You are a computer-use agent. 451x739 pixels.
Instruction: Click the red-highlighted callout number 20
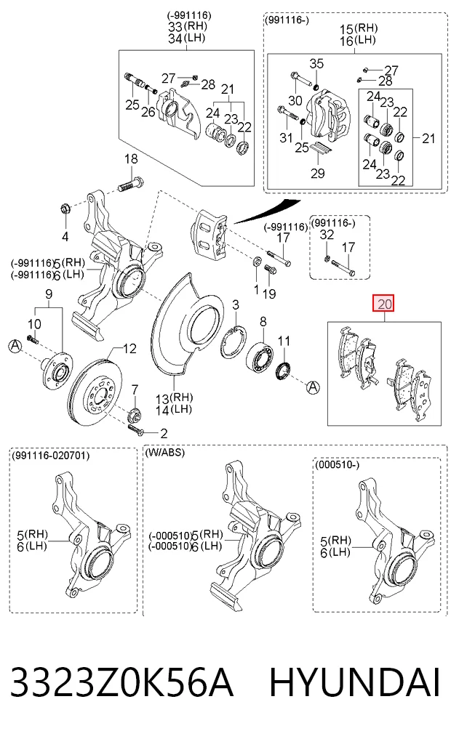tap(385, 304)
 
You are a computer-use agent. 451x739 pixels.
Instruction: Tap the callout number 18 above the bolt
tap(131, 159)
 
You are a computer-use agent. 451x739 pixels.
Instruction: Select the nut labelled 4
tap(65, 208)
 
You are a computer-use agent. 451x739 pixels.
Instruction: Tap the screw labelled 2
tap(136, 429)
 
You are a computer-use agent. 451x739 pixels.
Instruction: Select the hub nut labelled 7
tap(134, 414)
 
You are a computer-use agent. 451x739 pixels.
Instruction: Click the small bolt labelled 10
tap(33, 339)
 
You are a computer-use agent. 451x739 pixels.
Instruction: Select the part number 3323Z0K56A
tap(121, 682)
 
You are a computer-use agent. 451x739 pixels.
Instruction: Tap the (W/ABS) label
tap(164, 453)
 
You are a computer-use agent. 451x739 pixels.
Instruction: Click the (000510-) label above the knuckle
tap(337, 465)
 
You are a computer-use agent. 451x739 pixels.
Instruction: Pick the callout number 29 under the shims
tap(317, 173)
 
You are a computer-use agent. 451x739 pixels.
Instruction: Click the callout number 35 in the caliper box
tap(316, 63)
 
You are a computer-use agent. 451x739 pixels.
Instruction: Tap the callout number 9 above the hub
tap(49, 295)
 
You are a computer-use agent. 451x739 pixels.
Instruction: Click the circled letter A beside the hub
tap(15, 347)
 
